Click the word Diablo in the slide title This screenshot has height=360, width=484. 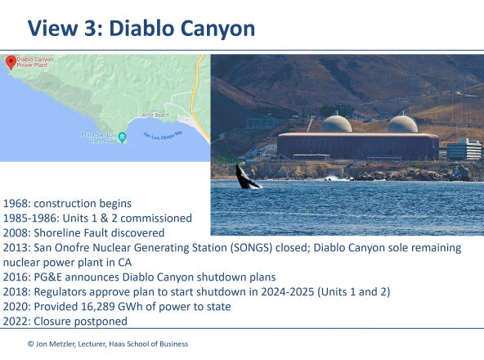pyautogui.click(x=142, y=29)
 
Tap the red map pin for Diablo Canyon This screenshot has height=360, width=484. pyautogui.click(x=11, y=62)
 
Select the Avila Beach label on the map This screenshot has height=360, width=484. pyautogui.click(x=156, y=115)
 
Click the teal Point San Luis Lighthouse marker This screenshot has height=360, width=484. pyautogui.click(x=123, y=137)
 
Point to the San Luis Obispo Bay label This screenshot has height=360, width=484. pyautogui.click(x=163, y=135)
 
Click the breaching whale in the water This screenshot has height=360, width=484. pyautogui.click(x=246, y=177)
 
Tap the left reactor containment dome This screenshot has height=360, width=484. pyautogui.click(x=337, y=124)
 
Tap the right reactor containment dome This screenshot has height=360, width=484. pyautogui.click(x=402, y=124)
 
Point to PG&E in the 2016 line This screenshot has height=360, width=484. pyautogui.click(x=48, y=277)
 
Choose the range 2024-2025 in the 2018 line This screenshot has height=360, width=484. pyautogui.click(x=288, y=292)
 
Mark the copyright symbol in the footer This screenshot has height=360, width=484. pyautogui.click(x=30, y=344)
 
